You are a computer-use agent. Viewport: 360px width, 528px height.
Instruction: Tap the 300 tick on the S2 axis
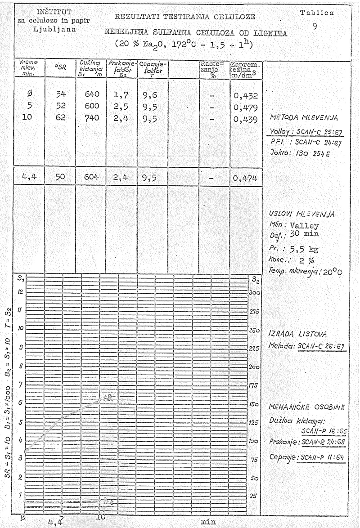click(x=254, y=292)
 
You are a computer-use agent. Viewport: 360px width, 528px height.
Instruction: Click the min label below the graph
click(x=207, y=521)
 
